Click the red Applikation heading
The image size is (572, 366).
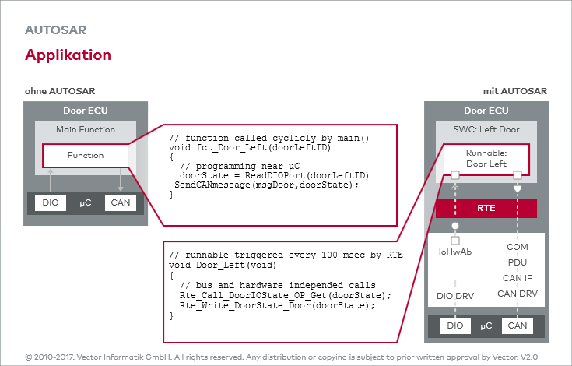(68, 55)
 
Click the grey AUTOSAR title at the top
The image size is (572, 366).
(55, 31)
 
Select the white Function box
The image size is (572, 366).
(86, 155)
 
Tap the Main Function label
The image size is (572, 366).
(86, 129)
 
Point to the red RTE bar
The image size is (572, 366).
(486, 209)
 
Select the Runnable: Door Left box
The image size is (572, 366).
(486, 158)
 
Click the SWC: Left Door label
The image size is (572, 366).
(486, 129)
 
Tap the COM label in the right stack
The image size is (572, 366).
(517, 247)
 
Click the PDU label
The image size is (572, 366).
(517, 262)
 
